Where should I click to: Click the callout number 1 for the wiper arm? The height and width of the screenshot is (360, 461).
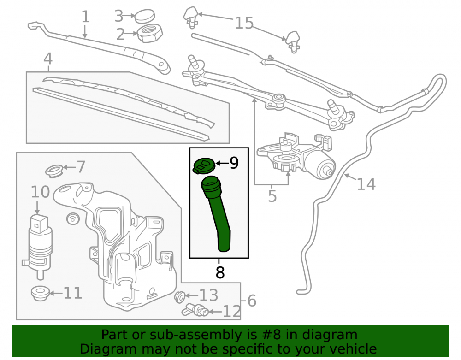[x=85, y=17]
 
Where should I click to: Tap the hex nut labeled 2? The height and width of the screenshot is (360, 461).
[x=150, y=33]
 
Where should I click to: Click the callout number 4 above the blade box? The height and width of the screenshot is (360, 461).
[x=48, y=59]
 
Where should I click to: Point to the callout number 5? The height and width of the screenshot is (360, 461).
[x=272, y=196]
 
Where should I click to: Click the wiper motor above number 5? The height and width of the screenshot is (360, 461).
[x=296, y=156]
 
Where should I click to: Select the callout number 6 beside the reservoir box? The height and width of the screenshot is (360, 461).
[x=252, y=301]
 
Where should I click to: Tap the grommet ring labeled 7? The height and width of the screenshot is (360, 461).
[x=54, y=171]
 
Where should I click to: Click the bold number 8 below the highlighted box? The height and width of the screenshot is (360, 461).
[x=220, y=272]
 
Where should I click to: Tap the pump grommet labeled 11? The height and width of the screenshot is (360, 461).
[x=40, y=293]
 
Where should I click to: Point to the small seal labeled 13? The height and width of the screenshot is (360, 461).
[x=179, y=297]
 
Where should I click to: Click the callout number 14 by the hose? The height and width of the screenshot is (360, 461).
[x=366, y=184]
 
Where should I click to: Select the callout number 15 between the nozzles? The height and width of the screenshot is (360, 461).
[x=244, y=23]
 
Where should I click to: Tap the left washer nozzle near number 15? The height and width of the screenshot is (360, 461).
[x=191, y=17]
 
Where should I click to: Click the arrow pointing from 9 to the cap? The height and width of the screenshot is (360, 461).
[x=222, y=163]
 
